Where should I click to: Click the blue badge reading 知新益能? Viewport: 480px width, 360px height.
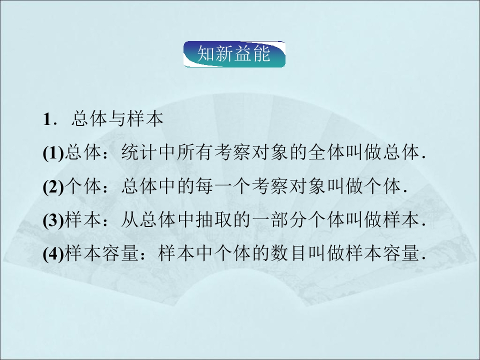pos(234,54)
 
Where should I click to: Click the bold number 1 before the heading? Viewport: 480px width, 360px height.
pos(47,120)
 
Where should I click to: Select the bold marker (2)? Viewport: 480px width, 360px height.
pos(53,187)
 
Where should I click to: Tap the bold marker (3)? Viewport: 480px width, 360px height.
pos(53,220)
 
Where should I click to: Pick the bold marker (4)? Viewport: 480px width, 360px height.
pos(53,254)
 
